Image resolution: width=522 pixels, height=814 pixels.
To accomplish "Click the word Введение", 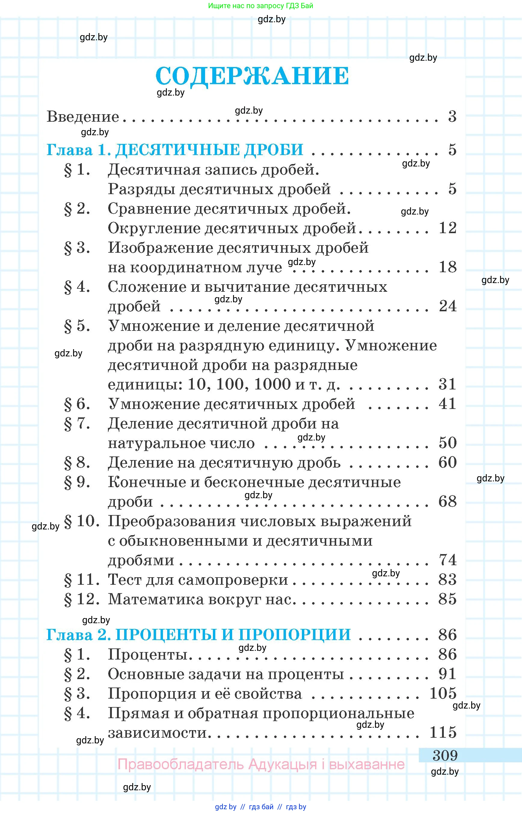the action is click(x=83, y=117).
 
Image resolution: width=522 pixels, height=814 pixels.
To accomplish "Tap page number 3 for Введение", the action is click(x=452, y=117).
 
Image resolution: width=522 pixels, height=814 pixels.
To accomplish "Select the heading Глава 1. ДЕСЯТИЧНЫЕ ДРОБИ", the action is click(x=175, y=150).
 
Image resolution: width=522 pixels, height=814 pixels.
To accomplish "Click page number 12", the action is click(x=447, y=228).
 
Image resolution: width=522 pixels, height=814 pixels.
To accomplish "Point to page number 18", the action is click(x=447, y=267).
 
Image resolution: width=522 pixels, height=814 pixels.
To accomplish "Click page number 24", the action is click(x=447, y=306).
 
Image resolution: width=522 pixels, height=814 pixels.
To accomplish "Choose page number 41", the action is click(x=447, y=404).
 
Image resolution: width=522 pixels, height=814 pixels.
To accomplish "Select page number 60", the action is click(x=447, y=463).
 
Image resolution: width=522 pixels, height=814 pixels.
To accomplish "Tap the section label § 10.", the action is click(x=81, y=522).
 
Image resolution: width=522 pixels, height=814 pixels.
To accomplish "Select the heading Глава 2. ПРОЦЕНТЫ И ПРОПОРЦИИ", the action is click(x=198, y=635).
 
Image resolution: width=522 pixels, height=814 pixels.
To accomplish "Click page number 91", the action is click(x=447, y=674).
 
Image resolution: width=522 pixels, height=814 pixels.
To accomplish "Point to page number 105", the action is click(x=443, y=694).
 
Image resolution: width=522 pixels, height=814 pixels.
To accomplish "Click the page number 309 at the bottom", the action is click(x=445, y=755).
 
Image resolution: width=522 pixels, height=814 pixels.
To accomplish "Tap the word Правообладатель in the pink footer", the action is click(x=180, y=764).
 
